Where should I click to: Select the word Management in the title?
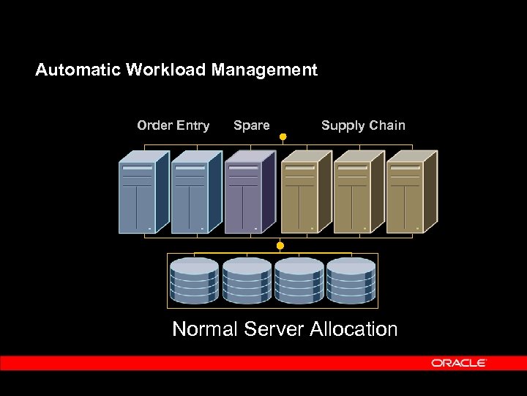tap(265, 70)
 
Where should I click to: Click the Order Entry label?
tap(173, 125)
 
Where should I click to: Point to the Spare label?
tap(252, 125)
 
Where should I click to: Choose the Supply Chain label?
tap(363, 125)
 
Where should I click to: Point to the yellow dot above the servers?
tap(283, 136)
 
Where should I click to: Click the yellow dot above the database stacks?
tap(280, 245)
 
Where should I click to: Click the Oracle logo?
tap(459, 363)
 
